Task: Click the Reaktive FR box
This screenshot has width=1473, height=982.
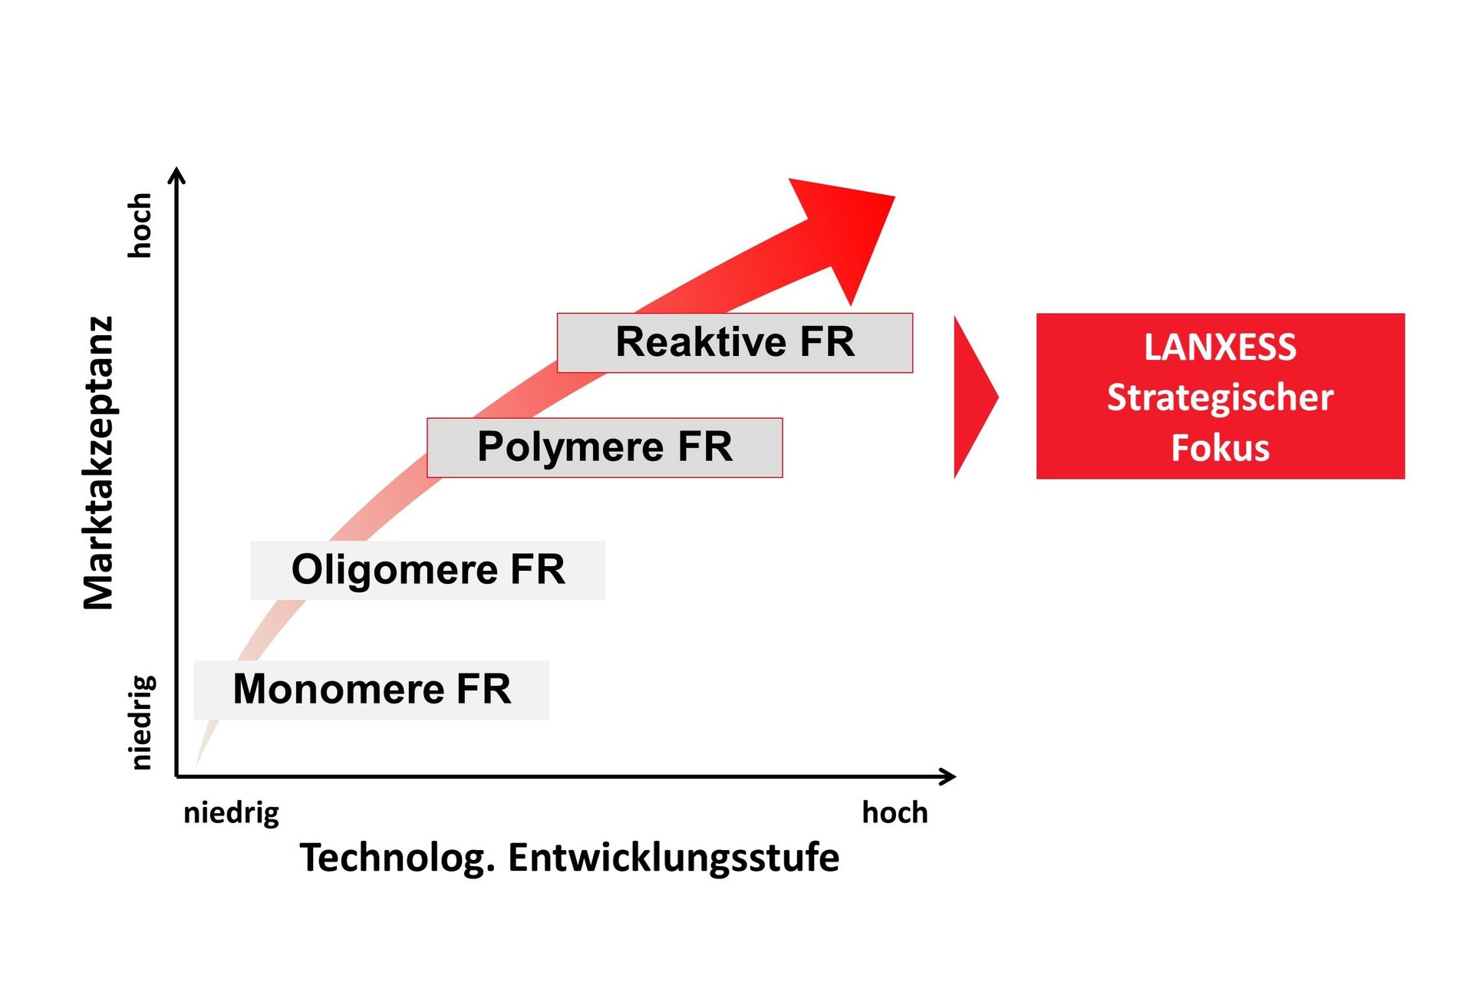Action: (x=734, y=343)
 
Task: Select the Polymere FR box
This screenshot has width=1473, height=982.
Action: (x=605, y=447)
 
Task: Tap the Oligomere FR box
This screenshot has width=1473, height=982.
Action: (x=427, y=570)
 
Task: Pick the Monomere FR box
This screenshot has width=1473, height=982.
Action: (x=371, y=690)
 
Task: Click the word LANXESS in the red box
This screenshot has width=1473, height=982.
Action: (x=1220, y=348)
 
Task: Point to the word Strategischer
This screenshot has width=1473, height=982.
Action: (x=1220, y=397)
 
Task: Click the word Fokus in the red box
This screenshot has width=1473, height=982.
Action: (x=1220, y=448)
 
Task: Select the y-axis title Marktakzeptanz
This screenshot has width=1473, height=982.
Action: (x=99, y=463)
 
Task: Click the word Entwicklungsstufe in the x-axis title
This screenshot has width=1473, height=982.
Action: (x=673, y=858)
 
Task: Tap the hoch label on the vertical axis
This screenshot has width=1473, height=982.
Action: (x=140, y=225)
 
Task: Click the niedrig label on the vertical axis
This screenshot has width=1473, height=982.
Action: (x=142, y=722)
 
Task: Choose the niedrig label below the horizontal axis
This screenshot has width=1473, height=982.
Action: (x=231, y=813)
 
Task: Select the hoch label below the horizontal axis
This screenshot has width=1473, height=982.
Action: (x=895, y=812)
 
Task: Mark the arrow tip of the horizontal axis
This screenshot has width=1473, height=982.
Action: (x=951, y=776)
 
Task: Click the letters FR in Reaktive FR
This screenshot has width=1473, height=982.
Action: (x=826, y=342)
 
